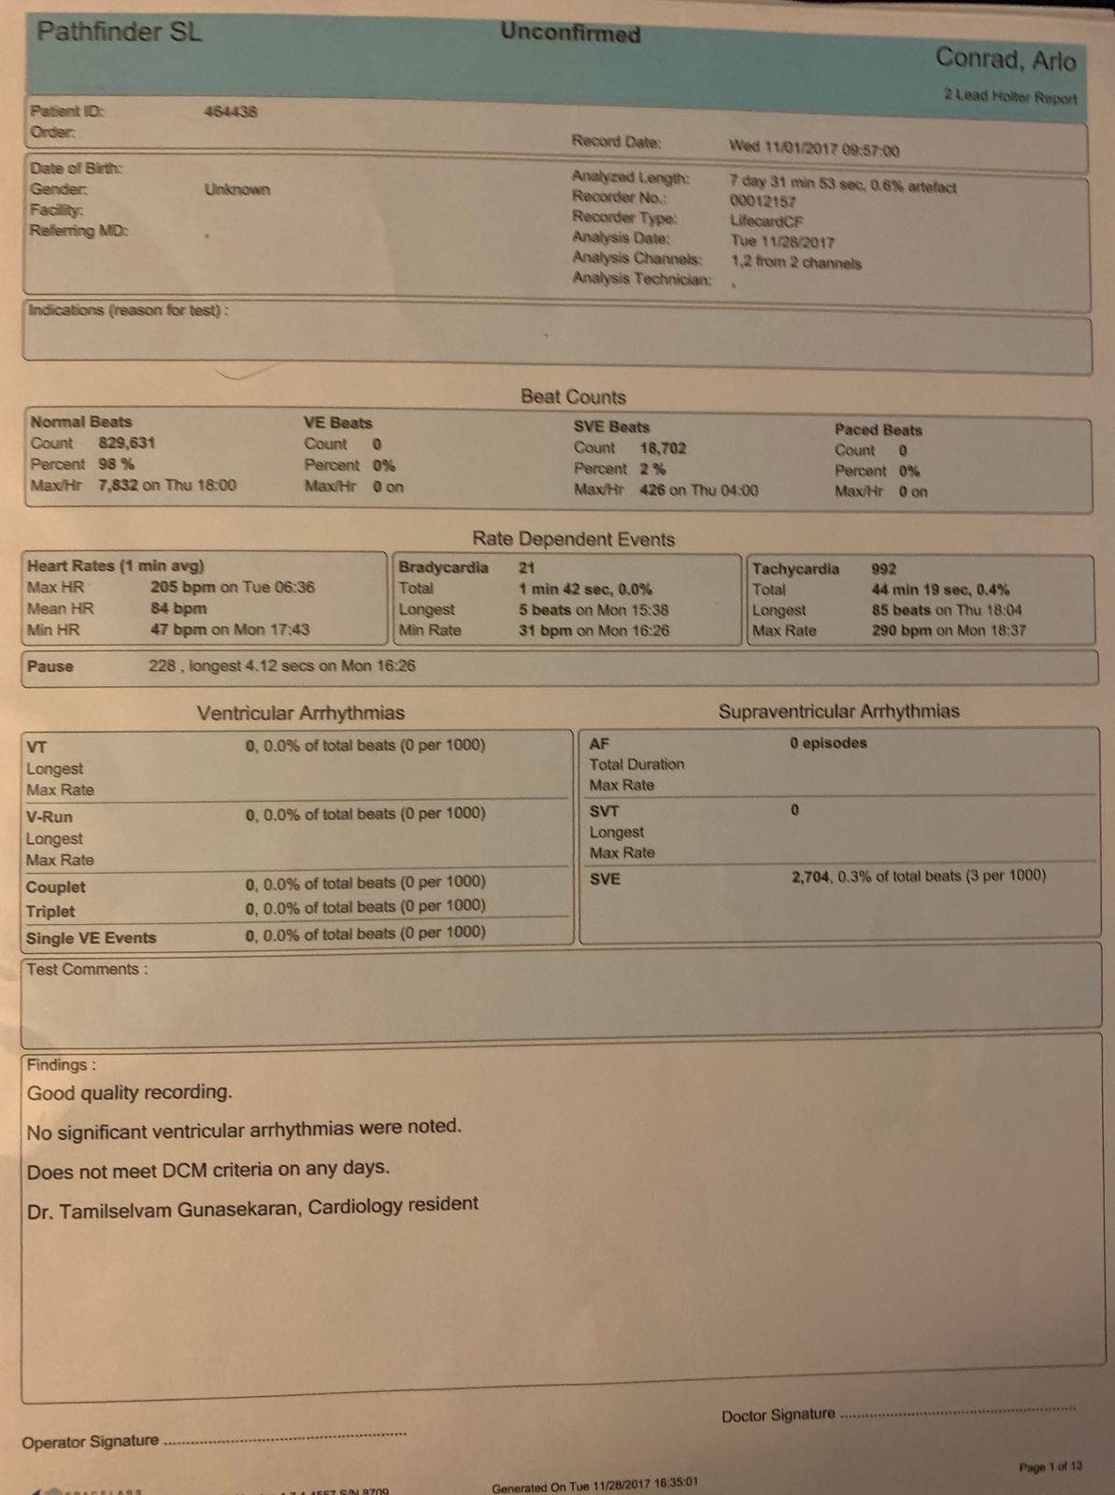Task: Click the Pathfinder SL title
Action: tap(119, 33)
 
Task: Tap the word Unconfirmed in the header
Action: tap(570, 33)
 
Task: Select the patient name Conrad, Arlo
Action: tap(1006, 60)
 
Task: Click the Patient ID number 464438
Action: tap(231, 112)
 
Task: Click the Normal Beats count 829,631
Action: tap(127, 443)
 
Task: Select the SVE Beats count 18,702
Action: tap(664, 448)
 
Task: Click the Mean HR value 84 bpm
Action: tap(179, 608)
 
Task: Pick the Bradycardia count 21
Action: tap(527, 567)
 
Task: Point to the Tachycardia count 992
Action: tap(883, 568)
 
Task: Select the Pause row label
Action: tap(50, 666)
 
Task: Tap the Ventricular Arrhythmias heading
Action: tap(300, 713)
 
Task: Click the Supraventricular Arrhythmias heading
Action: tap(838, 711)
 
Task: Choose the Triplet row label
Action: tap(50, 911)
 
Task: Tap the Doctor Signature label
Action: tap(778, 1416)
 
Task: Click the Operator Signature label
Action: tap(91, 1442)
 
